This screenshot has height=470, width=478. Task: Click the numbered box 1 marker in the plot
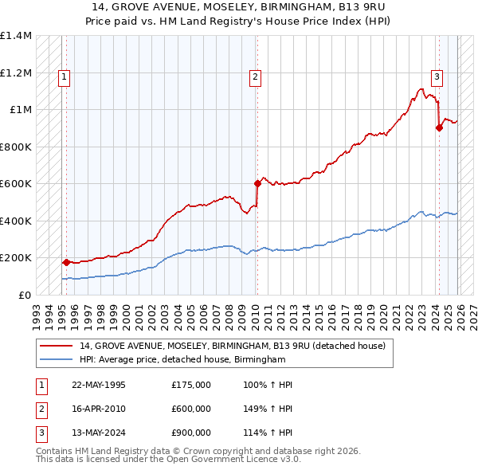63,77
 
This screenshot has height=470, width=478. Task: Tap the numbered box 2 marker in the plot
255,77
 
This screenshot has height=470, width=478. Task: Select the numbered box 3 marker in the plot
437,77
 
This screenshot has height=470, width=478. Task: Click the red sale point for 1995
65,262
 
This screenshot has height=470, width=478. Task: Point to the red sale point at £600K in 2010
257,183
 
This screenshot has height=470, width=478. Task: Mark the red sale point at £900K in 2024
439,127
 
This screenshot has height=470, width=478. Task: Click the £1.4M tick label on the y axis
16,36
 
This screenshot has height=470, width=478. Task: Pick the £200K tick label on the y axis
16,258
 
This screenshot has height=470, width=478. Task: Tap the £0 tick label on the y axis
24,295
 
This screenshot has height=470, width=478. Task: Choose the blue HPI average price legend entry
182,360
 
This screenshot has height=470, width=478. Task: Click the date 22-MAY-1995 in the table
99,385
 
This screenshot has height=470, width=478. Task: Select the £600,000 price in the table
191,409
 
